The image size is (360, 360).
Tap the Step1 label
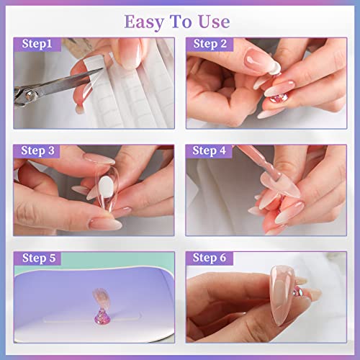coord(36,44)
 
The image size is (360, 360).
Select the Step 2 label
coord(210,44)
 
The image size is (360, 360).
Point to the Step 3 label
coord(37,151)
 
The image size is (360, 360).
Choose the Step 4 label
coord(210,151)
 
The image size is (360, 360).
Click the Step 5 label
coord(37,258)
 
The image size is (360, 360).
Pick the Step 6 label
coord(210,258)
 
